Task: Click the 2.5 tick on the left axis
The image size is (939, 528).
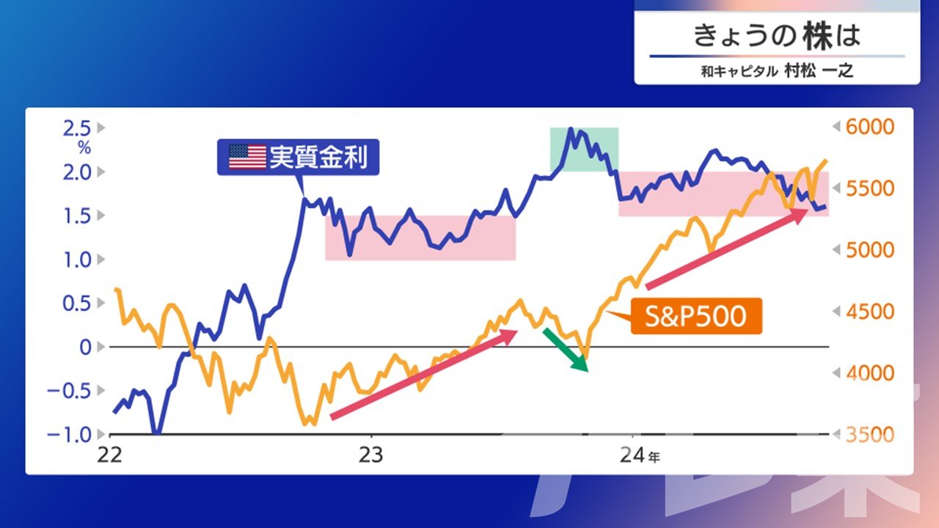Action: [x=77, y=128]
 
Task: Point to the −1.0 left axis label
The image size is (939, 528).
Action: [x=69, y=435]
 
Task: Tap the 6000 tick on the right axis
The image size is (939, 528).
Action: [x=870, y=127]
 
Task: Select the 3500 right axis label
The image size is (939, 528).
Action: [x=870, y=435]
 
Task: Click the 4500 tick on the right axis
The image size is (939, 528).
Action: [x=870, y=312]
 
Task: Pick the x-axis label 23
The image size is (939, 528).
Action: [x=370, y=455]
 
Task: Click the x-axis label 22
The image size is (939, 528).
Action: [x=110, y=455]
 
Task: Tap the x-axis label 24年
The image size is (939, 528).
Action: [x=640, y=455]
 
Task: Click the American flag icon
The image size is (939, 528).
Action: [x=247, y=157]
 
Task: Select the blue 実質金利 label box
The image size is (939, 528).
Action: [x=298, y=157]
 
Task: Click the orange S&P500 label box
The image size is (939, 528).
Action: [x=696, y=316]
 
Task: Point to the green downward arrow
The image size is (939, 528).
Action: [x=566, y=351]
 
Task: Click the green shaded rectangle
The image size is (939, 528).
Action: [x=584, y=149]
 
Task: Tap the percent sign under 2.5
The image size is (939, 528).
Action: [x=84, y=147]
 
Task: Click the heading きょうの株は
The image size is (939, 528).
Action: [x=777, y=36]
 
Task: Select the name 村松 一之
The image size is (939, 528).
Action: [x=819, y=71]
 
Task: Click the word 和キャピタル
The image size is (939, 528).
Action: [x=739, y=71]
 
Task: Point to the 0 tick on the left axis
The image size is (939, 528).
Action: [x=85, y=348]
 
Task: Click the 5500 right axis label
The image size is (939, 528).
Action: [x=870, y=188]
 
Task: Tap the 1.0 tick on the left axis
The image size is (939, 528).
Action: [x=77, y=260]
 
